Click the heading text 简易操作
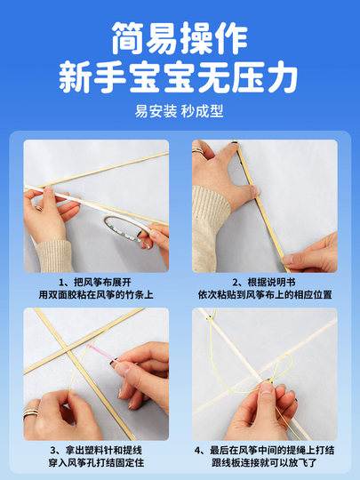pos(180,39)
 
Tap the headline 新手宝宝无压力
pos(180,78)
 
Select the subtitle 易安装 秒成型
pos(180,113)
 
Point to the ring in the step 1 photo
pos(38,206)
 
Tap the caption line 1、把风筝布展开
pos(96,281)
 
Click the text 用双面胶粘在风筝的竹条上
pos(96,294)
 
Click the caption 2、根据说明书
pos(264,281)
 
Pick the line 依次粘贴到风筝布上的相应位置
pos(264,294)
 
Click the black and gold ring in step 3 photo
pos(33,412)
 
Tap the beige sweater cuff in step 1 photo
pos(53,254)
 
